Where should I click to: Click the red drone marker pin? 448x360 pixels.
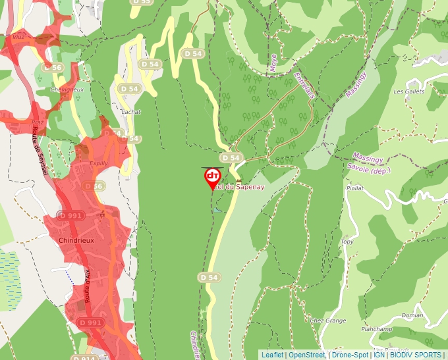coord(212,177)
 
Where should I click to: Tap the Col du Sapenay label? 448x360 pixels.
coord(239,187)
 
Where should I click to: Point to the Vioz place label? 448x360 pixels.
coord(18,37)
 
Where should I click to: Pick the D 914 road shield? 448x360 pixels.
coord(85,357)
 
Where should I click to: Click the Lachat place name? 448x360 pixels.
coord(131,112)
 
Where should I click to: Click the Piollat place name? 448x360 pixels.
coord(354,188)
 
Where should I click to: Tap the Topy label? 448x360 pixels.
coord(347,242)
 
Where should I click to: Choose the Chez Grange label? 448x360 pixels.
coord(327,321)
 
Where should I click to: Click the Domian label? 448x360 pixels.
coord(412,315)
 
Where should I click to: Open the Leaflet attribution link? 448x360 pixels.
coord(272,355)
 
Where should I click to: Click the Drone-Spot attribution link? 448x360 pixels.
coord(350,355)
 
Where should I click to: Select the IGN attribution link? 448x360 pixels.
coord(379,355)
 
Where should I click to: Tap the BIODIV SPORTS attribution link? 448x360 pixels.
coord(416,355)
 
